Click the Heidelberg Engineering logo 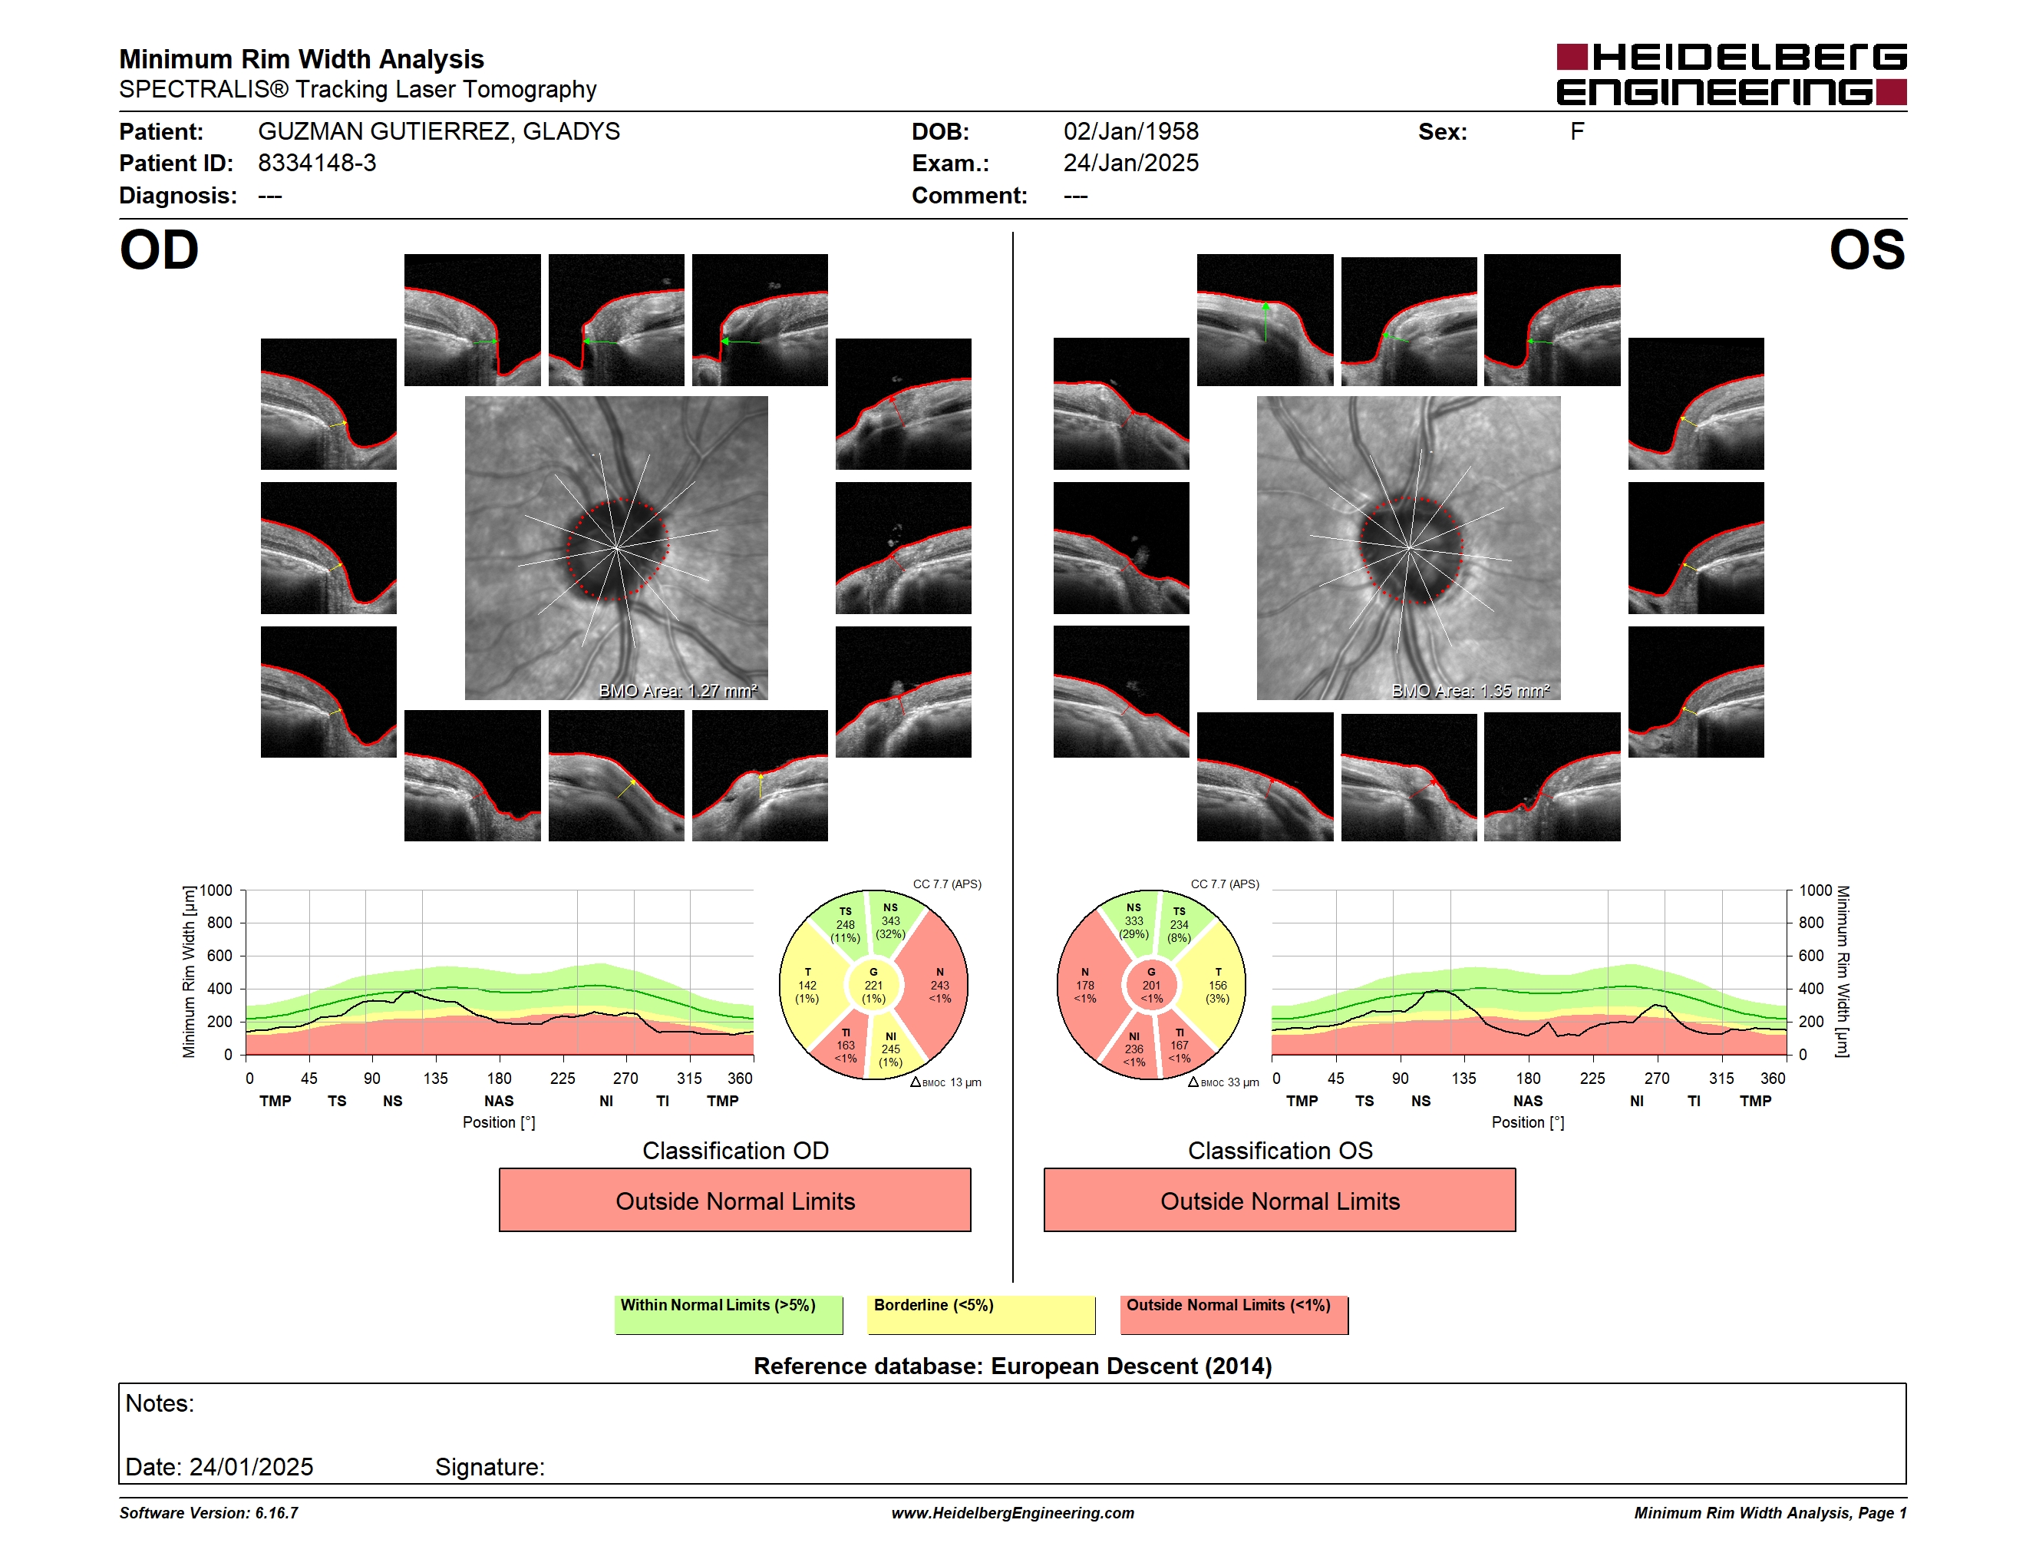1731,74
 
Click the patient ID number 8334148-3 317,164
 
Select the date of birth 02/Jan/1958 1131,132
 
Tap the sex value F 1577,132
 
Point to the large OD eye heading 160,250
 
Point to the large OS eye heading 1866,250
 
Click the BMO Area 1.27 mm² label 678,690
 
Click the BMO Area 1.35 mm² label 1470,690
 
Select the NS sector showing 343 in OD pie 892,920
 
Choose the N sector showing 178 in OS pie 1086,985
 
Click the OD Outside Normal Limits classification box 734,1200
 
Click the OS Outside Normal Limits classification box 1279,1200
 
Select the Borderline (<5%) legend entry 981,1314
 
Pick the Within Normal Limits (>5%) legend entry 728,1314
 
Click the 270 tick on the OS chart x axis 1656,1078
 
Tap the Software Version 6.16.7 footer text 209,1513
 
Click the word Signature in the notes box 490,1468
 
